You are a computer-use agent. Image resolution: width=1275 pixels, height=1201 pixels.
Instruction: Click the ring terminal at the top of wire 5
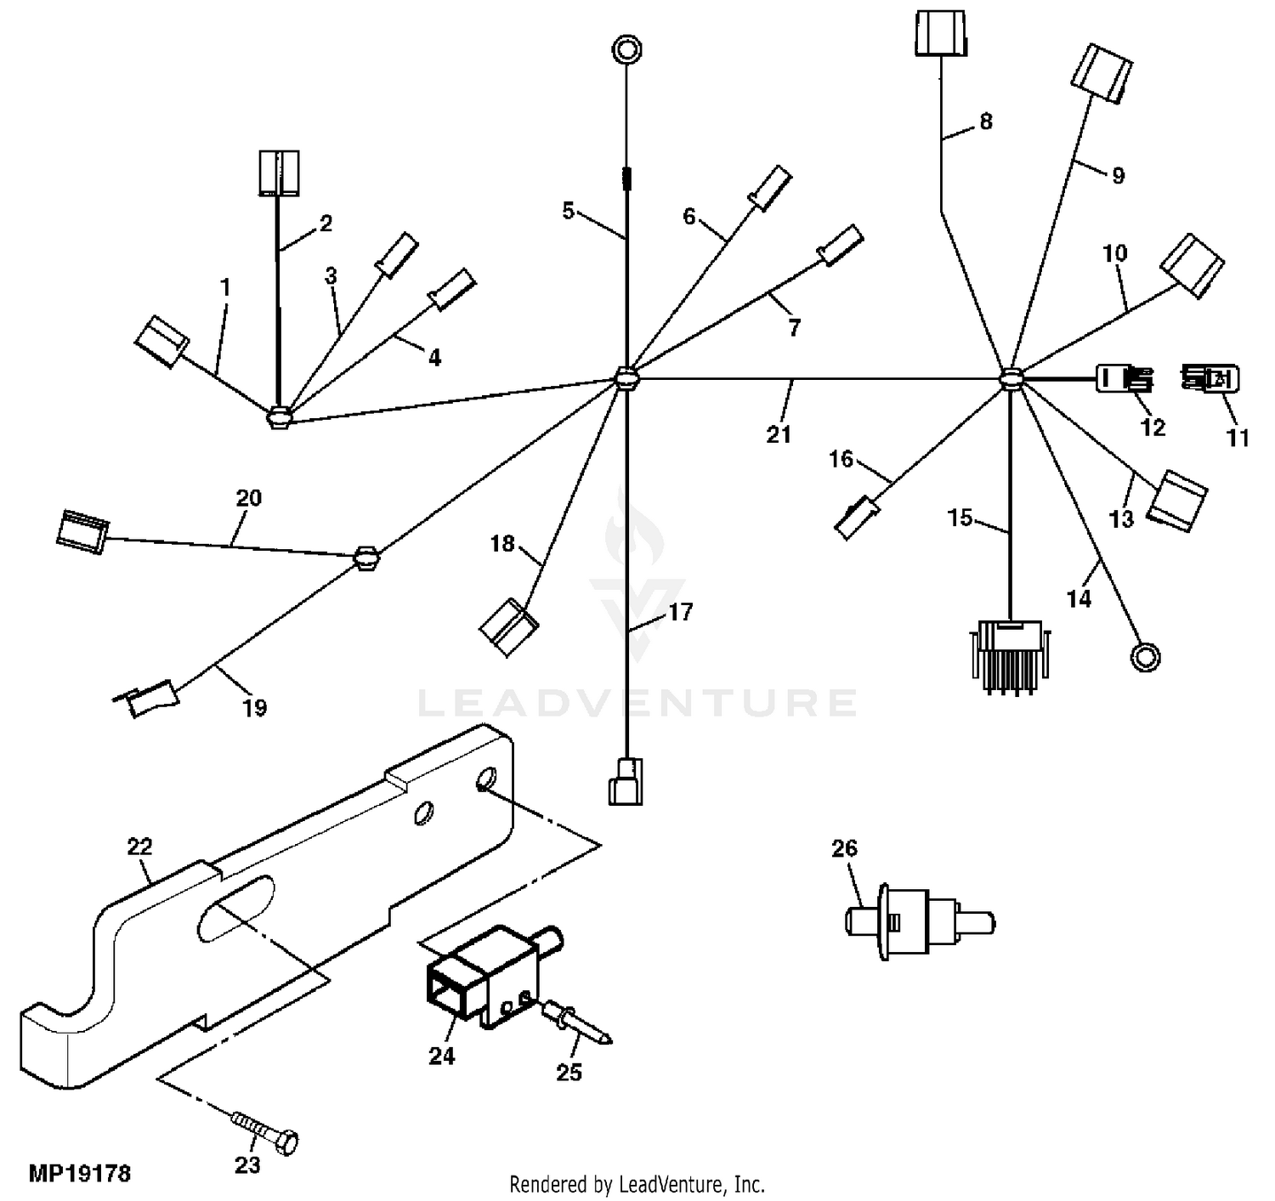coord(626,48)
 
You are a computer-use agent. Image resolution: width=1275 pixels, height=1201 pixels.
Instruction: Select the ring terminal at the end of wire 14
coord(1145,656)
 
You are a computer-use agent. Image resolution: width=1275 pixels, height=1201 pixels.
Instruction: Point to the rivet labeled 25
coord(577,1023)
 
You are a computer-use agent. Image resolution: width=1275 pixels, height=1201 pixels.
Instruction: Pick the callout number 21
coord(779,434)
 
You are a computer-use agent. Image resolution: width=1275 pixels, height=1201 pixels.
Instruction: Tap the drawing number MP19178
coord(80,1175)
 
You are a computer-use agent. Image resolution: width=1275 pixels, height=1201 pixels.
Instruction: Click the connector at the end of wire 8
coord(941,35)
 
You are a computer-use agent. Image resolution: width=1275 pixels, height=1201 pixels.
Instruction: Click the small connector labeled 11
coord(1210,378)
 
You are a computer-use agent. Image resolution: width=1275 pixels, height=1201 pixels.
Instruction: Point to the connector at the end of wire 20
coord(81,531)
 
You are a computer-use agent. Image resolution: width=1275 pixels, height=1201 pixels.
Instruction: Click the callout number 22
coord(139,847)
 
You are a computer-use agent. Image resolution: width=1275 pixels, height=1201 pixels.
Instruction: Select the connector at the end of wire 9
coord(1101,75)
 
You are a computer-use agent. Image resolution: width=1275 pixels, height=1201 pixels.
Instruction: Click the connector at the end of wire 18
coord(508,627)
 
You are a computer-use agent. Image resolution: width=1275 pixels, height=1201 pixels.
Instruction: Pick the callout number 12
coord(1152,427)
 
